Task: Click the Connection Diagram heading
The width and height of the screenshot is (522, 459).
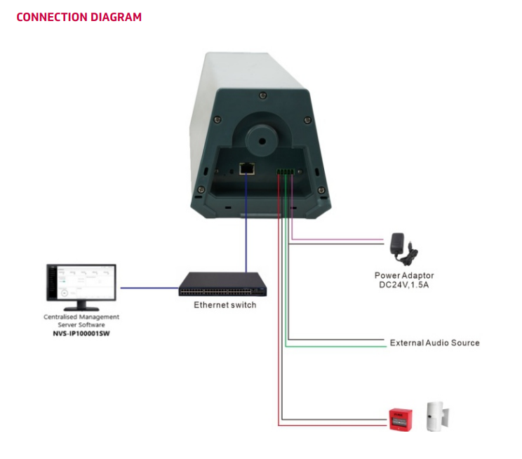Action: tap(79, 17)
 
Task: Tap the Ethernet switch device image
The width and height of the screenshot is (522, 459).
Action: tap(222, 285)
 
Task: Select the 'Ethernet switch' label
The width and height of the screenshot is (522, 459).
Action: tap(225, 305)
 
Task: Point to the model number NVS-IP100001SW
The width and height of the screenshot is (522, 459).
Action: tap(81, 334)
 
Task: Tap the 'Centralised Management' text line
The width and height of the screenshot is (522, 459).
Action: tap(81, 317)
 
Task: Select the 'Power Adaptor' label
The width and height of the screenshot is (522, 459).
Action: tap(404, 276)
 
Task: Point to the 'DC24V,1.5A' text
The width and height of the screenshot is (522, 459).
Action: tap(404, 286)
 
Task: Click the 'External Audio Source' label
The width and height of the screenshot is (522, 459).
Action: tap(435, 342)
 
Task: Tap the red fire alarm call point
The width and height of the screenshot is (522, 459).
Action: tap(400, 418)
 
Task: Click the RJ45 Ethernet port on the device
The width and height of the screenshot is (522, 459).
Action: tap(247, 168)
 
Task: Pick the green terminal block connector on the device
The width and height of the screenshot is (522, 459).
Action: tap(286, 171)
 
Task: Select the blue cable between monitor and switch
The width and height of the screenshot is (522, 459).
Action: tap(149, 287)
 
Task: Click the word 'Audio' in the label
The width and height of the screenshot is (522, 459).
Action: tap(436, 342)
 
